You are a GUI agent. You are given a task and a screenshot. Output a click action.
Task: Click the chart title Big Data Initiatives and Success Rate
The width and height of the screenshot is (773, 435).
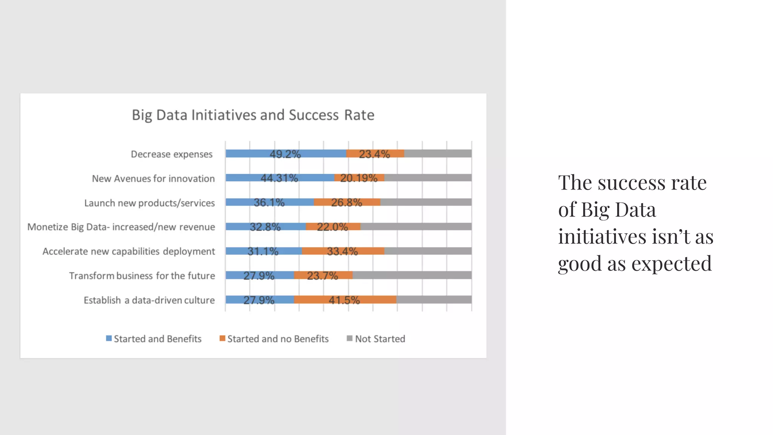[253, 115]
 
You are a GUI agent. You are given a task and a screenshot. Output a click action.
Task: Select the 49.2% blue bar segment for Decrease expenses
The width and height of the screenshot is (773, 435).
[286, 153]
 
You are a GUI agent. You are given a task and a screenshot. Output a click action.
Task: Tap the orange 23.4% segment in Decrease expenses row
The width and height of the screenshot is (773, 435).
[374, 153]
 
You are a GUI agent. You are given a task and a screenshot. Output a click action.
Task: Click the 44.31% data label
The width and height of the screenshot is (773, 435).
[279, 178]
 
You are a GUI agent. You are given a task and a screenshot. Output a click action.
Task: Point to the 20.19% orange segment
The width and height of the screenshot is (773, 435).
[359, 178]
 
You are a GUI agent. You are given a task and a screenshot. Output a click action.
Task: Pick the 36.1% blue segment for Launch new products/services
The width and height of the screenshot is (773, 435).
[269, 202]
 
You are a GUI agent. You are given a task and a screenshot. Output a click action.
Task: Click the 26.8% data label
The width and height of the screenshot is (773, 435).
[346, 202]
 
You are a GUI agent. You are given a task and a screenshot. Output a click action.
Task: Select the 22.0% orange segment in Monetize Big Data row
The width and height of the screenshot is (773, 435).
[333, 227]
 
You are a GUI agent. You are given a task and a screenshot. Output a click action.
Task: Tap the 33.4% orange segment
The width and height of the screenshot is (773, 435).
[342, 251]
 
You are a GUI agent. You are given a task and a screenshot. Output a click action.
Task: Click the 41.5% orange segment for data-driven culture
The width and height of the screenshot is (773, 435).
[345, 300]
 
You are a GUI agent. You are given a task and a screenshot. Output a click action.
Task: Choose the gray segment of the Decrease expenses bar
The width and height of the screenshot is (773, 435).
[438, 153]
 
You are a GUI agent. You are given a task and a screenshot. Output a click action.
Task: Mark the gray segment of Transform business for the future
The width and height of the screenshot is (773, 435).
[412, 275]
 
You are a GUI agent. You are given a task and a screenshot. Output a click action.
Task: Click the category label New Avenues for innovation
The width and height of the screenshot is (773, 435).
[153, 179]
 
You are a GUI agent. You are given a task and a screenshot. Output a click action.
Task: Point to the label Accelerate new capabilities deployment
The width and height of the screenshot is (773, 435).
[129, 251]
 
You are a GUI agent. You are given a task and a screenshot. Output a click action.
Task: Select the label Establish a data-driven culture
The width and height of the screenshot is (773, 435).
[149, 300]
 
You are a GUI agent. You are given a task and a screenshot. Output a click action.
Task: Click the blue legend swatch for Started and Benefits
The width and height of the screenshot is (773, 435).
[109, 338]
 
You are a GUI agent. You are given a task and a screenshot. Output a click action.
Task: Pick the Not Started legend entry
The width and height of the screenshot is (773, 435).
[380, 339]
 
